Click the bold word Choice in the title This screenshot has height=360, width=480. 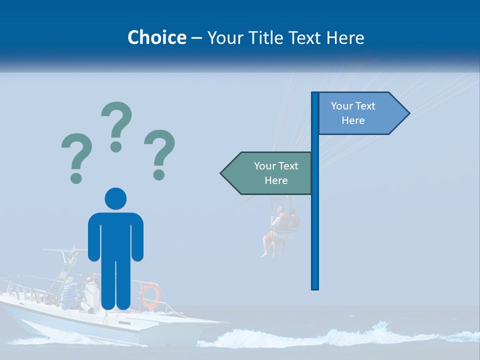tap(156, 37)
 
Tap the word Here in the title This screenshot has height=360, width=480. tap(345, 37)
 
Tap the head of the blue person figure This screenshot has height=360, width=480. tap(115, 198)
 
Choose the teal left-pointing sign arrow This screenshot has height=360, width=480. tap(270, 173)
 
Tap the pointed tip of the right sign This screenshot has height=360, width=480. tap(408, 113)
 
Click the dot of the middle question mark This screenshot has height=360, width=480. tap(116, 146)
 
